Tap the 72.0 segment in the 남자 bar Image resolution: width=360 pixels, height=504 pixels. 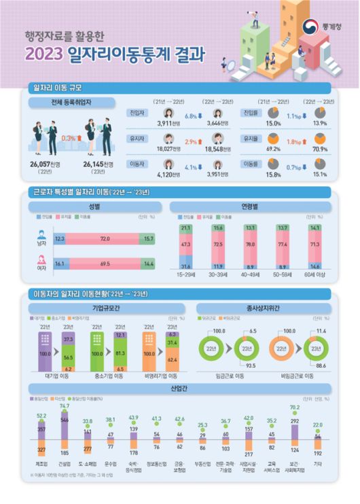(x=105, y=239)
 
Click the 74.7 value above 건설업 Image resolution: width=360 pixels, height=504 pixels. (x=65, y=406)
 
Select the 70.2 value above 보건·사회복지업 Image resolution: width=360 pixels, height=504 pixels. (x=294, y=408)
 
